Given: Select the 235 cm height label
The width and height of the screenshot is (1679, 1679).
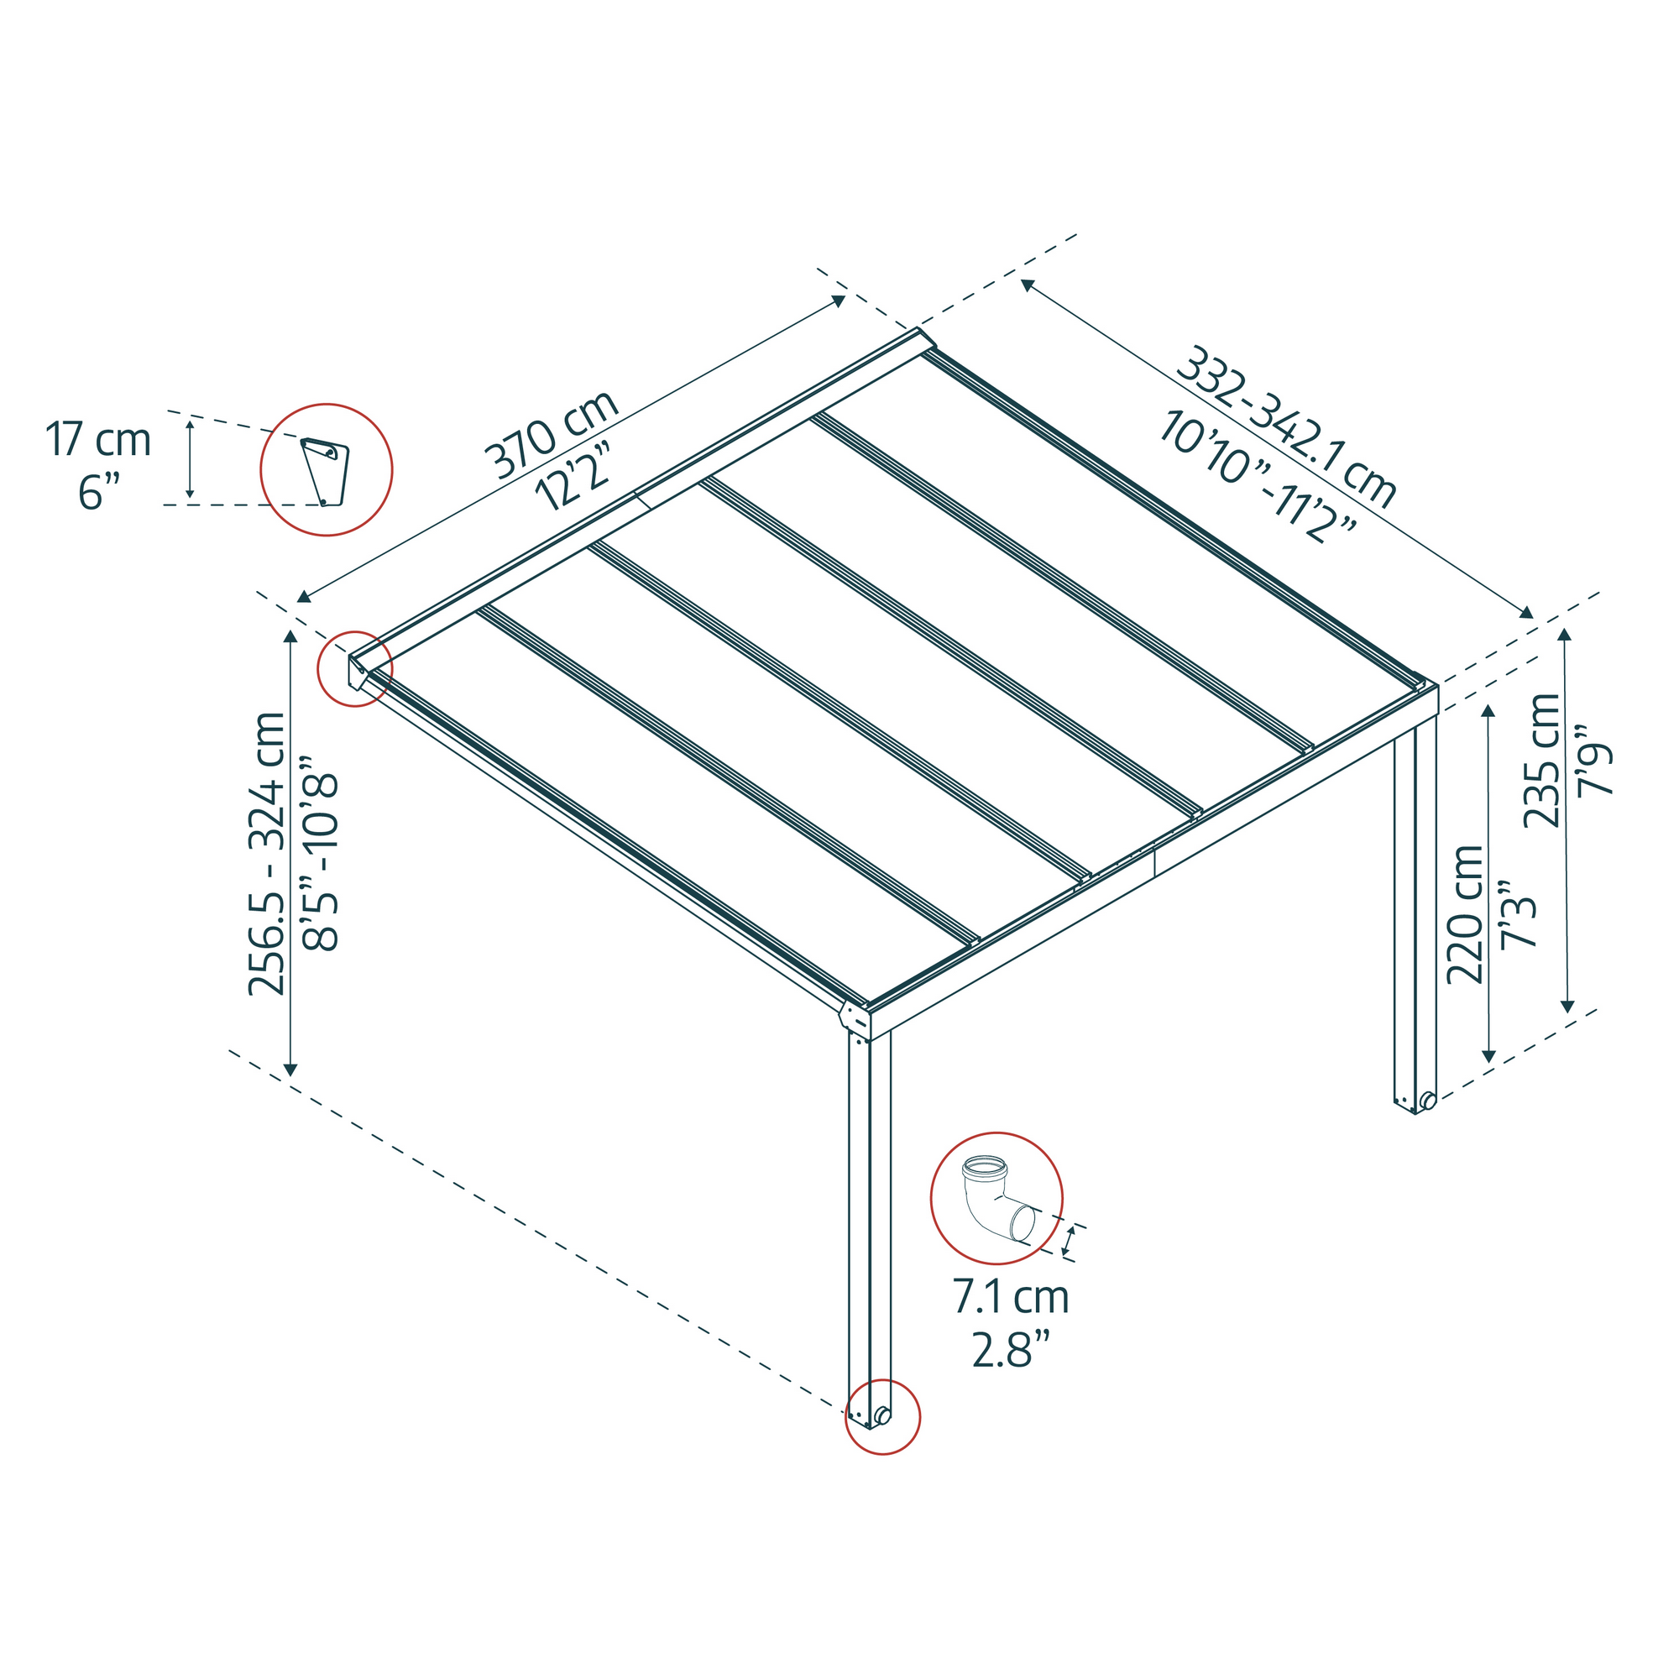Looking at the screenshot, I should pyautogui.click(x=1542, y=761).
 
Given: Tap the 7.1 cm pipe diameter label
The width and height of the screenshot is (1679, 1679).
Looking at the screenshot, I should pyautogui.click(x=1011, y=1298).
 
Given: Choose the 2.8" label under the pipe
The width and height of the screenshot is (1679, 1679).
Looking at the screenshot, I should pyautogui.click(x=1011, y=1350).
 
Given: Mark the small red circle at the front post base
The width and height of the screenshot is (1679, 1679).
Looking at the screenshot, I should pyautogui.click(x=882, y=1416).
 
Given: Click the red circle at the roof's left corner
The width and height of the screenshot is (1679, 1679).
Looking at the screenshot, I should pyautogui.click(x=354, y=668).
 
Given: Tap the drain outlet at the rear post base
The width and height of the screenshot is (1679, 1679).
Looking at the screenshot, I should pyautogui.click(x=1427, y=1101).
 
